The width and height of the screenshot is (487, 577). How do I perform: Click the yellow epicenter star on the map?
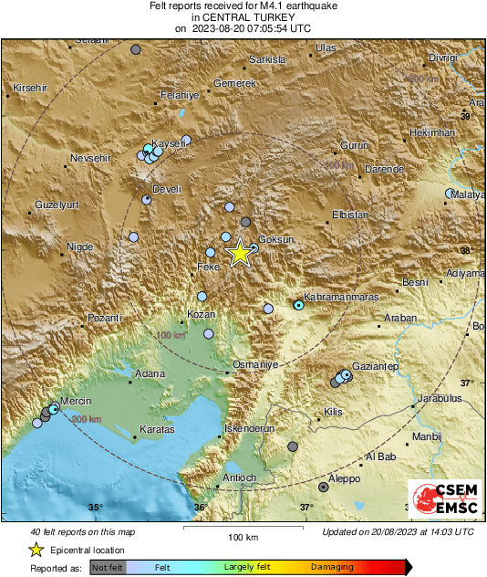coord(239,253)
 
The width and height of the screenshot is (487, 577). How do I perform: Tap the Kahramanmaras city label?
coord(338,297)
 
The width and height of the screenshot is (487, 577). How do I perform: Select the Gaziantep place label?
coord(376,365)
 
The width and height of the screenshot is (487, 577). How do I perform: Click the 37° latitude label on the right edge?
coord(467,383)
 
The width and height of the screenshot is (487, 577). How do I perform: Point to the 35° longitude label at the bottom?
coord(96,508)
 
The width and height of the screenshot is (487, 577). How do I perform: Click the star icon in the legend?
coord(36,550)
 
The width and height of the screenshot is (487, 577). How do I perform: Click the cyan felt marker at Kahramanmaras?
coord(298,305)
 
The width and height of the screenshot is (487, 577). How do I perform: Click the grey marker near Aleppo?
coord(323,488)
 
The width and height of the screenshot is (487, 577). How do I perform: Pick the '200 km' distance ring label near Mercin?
coord(86,419)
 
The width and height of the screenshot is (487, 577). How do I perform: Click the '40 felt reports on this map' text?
coord(83,531)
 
